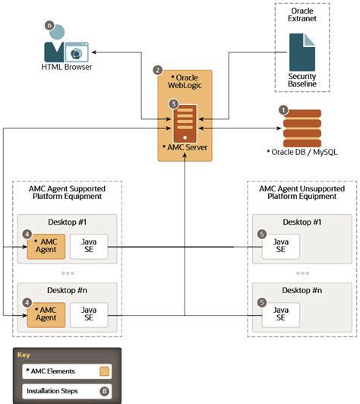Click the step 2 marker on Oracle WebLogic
[x=158, y=70]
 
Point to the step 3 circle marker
[x=173, y=103]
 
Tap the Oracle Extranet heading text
[x=302, y=15]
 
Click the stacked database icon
[x=302, y=128]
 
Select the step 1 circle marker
[x=283, y=110]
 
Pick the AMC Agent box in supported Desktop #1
[x=46, y=246]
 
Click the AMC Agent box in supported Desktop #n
[x=46, y=314]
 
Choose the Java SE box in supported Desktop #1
[x=88, y=246]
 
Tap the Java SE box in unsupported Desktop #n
[x=280, y=314]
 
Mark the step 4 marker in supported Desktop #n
[x=27, y=301]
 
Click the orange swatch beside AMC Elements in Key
[x=104, y=371]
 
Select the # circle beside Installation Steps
[x=104, y=392]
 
